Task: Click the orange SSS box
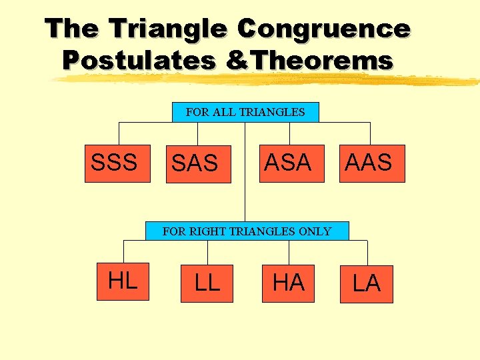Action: [x=113, y=163]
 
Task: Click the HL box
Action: [x=123, y=281]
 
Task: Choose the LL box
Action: [x=207, y=283]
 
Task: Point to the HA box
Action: [x=288, y=283]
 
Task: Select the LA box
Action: [x=367, y=284]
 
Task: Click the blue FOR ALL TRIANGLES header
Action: [x=245, y=112]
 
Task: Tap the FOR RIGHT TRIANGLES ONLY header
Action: [x=247, y=231]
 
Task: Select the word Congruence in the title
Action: [x=323, y=29]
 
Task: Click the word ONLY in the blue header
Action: [x=316, y=232]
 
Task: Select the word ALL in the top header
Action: [x=223, y=112]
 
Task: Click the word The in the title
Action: [x=72, y=29]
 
